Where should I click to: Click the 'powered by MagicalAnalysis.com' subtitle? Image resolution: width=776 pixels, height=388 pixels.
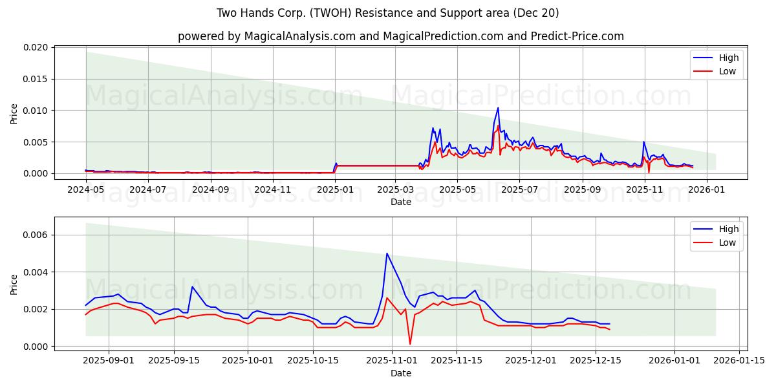coord(401,36)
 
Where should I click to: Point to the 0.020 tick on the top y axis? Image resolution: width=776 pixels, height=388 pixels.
coord(35,48)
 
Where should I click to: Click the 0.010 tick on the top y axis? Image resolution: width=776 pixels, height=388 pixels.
coord(35,111)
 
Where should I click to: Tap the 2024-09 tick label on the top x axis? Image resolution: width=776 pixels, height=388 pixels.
coord(210,189)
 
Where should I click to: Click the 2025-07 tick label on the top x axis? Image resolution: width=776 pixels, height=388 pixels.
coord(519,189)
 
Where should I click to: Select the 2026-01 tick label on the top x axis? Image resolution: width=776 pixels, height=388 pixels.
coord(706,189)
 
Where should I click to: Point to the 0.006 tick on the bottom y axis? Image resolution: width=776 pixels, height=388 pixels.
coord(35,235)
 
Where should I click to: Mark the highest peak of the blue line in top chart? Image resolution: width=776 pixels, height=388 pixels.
coord(498,108)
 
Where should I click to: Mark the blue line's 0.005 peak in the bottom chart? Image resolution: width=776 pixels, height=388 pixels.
coord(387,253)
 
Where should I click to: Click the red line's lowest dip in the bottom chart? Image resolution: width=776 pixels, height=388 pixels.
coord(410,344)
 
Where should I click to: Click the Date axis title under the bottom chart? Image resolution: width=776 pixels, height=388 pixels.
coord(401,373)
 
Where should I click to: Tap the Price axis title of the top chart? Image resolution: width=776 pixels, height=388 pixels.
coord(14,114)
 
